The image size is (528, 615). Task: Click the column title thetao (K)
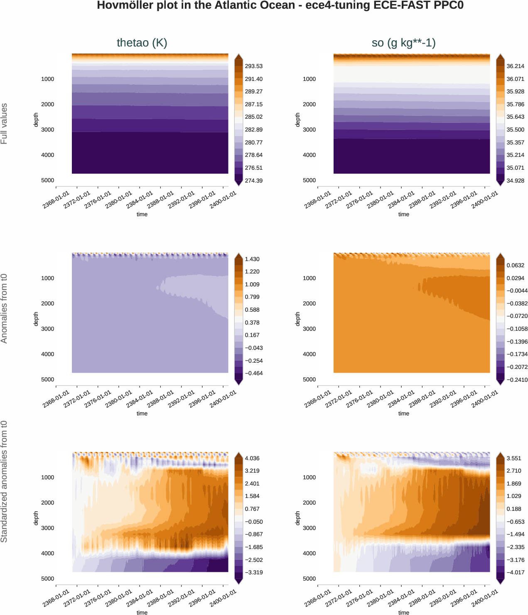(x=142, y=43)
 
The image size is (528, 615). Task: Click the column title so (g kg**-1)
(x=403, y=43)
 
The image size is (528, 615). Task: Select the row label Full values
(x=4, y=124)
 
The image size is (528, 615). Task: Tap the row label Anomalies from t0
(x=4, y=308)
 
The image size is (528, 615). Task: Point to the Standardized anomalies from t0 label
(x=4, y=481)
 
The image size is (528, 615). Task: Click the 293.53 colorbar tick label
(x=253, y=66)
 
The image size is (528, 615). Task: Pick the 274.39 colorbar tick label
(x=253, y=181)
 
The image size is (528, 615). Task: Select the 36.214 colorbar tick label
(x=515, y=66)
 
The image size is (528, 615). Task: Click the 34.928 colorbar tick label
(x=515, y=181)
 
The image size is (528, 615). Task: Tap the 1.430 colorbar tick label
(x=252, y=259)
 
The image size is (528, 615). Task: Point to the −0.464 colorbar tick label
(x=253, y=373)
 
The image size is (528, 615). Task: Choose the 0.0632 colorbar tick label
(x=515, y=266)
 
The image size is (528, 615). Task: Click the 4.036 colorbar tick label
(x=252, y=459)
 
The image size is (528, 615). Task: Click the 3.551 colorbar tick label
(x=514, y=459)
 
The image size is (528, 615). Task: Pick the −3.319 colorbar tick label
(x=253, y=573)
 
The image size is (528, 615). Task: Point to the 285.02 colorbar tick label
(x=253, y=117)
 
